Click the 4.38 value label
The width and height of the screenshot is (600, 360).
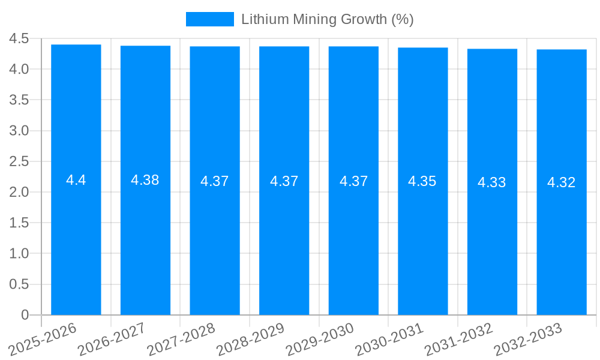point(145,180)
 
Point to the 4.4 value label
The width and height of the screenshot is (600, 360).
point(76,180)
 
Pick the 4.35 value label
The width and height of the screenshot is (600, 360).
point(422,181)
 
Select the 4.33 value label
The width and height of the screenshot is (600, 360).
point(492,182)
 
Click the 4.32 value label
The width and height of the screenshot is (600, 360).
point(562,182)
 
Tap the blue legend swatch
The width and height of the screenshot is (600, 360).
point(209,19)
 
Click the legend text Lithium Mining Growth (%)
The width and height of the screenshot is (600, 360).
point(328,19)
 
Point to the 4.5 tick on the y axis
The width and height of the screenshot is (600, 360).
point(19,39)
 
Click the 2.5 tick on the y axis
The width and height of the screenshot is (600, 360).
point(19,161)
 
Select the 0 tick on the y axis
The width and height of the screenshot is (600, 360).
point(25,315)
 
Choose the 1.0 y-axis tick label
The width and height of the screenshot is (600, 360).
point(19,254)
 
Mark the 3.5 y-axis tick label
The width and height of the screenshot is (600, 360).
point(19,100)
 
